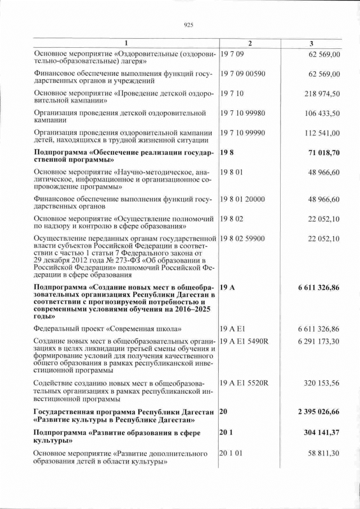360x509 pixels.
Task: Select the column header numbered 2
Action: pos(250,44)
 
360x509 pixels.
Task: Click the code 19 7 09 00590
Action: pos(242,74)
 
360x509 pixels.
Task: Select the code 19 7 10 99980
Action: pos(242,113)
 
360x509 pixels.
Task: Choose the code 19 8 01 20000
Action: pos(242,199)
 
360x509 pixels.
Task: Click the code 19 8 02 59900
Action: pos(242,238)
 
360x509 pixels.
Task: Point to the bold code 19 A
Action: pos(228,287)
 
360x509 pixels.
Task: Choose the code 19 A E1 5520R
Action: pos(245,383)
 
